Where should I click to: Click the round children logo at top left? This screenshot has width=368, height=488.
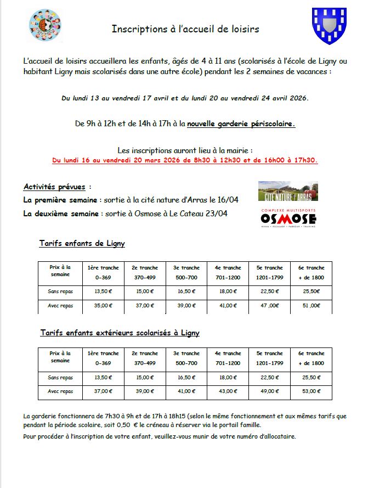click(44, 25)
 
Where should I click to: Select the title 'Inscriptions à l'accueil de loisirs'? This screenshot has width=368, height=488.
click(185, 29)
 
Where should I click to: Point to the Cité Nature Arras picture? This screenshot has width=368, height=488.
click(288, 191)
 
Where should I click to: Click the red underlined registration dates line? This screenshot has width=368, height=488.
click(185, 161)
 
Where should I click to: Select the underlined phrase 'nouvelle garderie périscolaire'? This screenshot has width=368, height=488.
click(241, 124)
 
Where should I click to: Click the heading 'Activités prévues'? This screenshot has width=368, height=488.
click(57, 187)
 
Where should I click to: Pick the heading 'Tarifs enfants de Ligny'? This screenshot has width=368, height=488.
click(82, 243)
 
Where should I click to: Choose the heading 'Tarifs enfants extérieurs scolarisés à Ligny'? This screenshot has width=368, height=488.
click(120, 333)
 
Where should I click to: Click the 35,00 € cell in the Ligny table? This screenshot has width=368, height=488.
click(104, 306)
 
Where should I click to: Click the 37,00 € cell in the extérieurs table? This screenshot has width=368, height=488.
click(104, 391)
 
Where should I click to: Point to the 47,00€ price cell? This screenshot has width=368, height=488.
click(270, 306)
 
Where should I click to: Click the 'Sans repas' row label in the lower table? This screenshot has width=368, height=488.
click(60, 378)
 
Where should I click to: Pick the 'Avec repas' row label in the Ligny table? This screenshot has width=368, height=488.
click(60, 306)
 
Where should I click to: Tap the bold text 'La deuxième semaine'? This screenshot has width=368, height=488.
click(54, 214)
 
